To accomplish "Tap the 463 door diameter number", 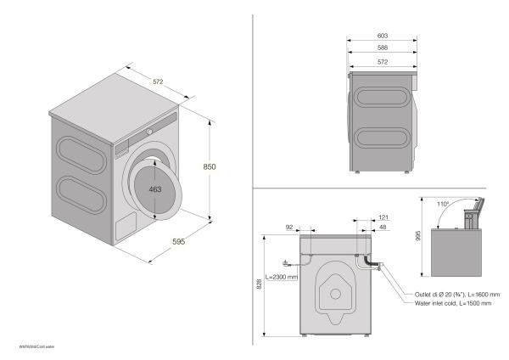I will pos(154,189).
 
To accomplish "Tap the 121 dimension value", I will pos(383,218).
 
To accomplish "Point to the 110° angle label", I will pos(444,205).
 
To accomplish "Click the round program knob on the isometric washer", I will pos(149,132).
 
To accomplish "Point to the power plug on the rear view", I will pos(288,262).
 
